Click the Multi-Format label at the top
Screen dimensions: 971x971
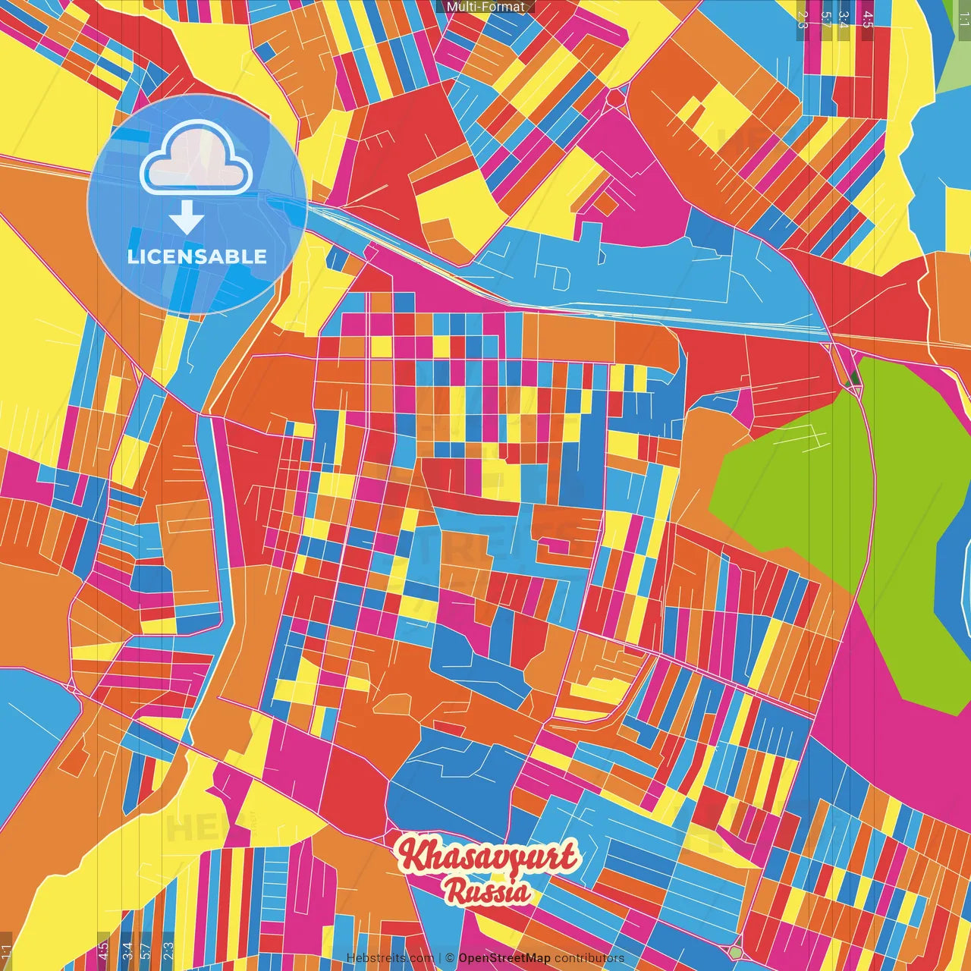pyautogui.click(x=485, y=7)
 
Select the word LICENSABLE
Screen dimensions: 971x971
pyautogui.click(x=197, y=256)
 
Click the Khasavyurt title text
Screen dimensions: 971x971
pyautogui.click(x=488, y=857)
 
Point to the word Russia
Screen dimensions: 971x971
pyautogui.click(x=488, y=891)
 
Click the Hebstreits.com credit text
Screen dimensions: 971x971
pyautogui.click(x=390, y=958)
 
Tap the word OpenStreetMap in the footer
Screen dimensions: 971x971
pyautogui.click(x=504, y=958)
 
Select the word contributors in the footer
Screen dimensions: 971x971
pyautogui.click(x=589, y=958)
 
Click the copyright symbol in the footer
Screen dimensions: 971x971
pyautogui.click(x=450, y=958)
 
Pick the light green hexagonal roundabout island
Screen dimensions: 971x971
pyautogui.click(x=734, y=951)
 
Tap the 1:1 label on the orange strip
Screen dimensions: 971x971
pyautogui.click(x=6, y=952)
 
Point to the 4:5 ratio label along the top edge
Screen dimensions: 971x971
pyautogui.click(x=867, y=18)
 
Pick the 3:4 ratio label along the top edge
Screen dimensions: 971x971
pyautogui.click(x=844, y=18)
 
